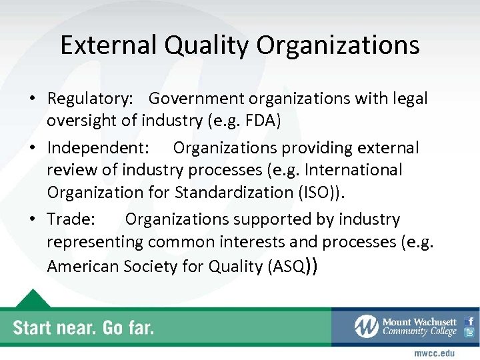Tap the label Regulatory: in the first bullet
tap(90, 99)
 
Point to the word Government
tap(197, 99)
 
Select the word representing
tap(95, 243)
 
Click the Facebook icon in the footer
tap(469, 321)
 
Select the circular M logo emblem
tap(366, 326)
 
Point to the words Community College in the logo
tap(419, 331)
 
